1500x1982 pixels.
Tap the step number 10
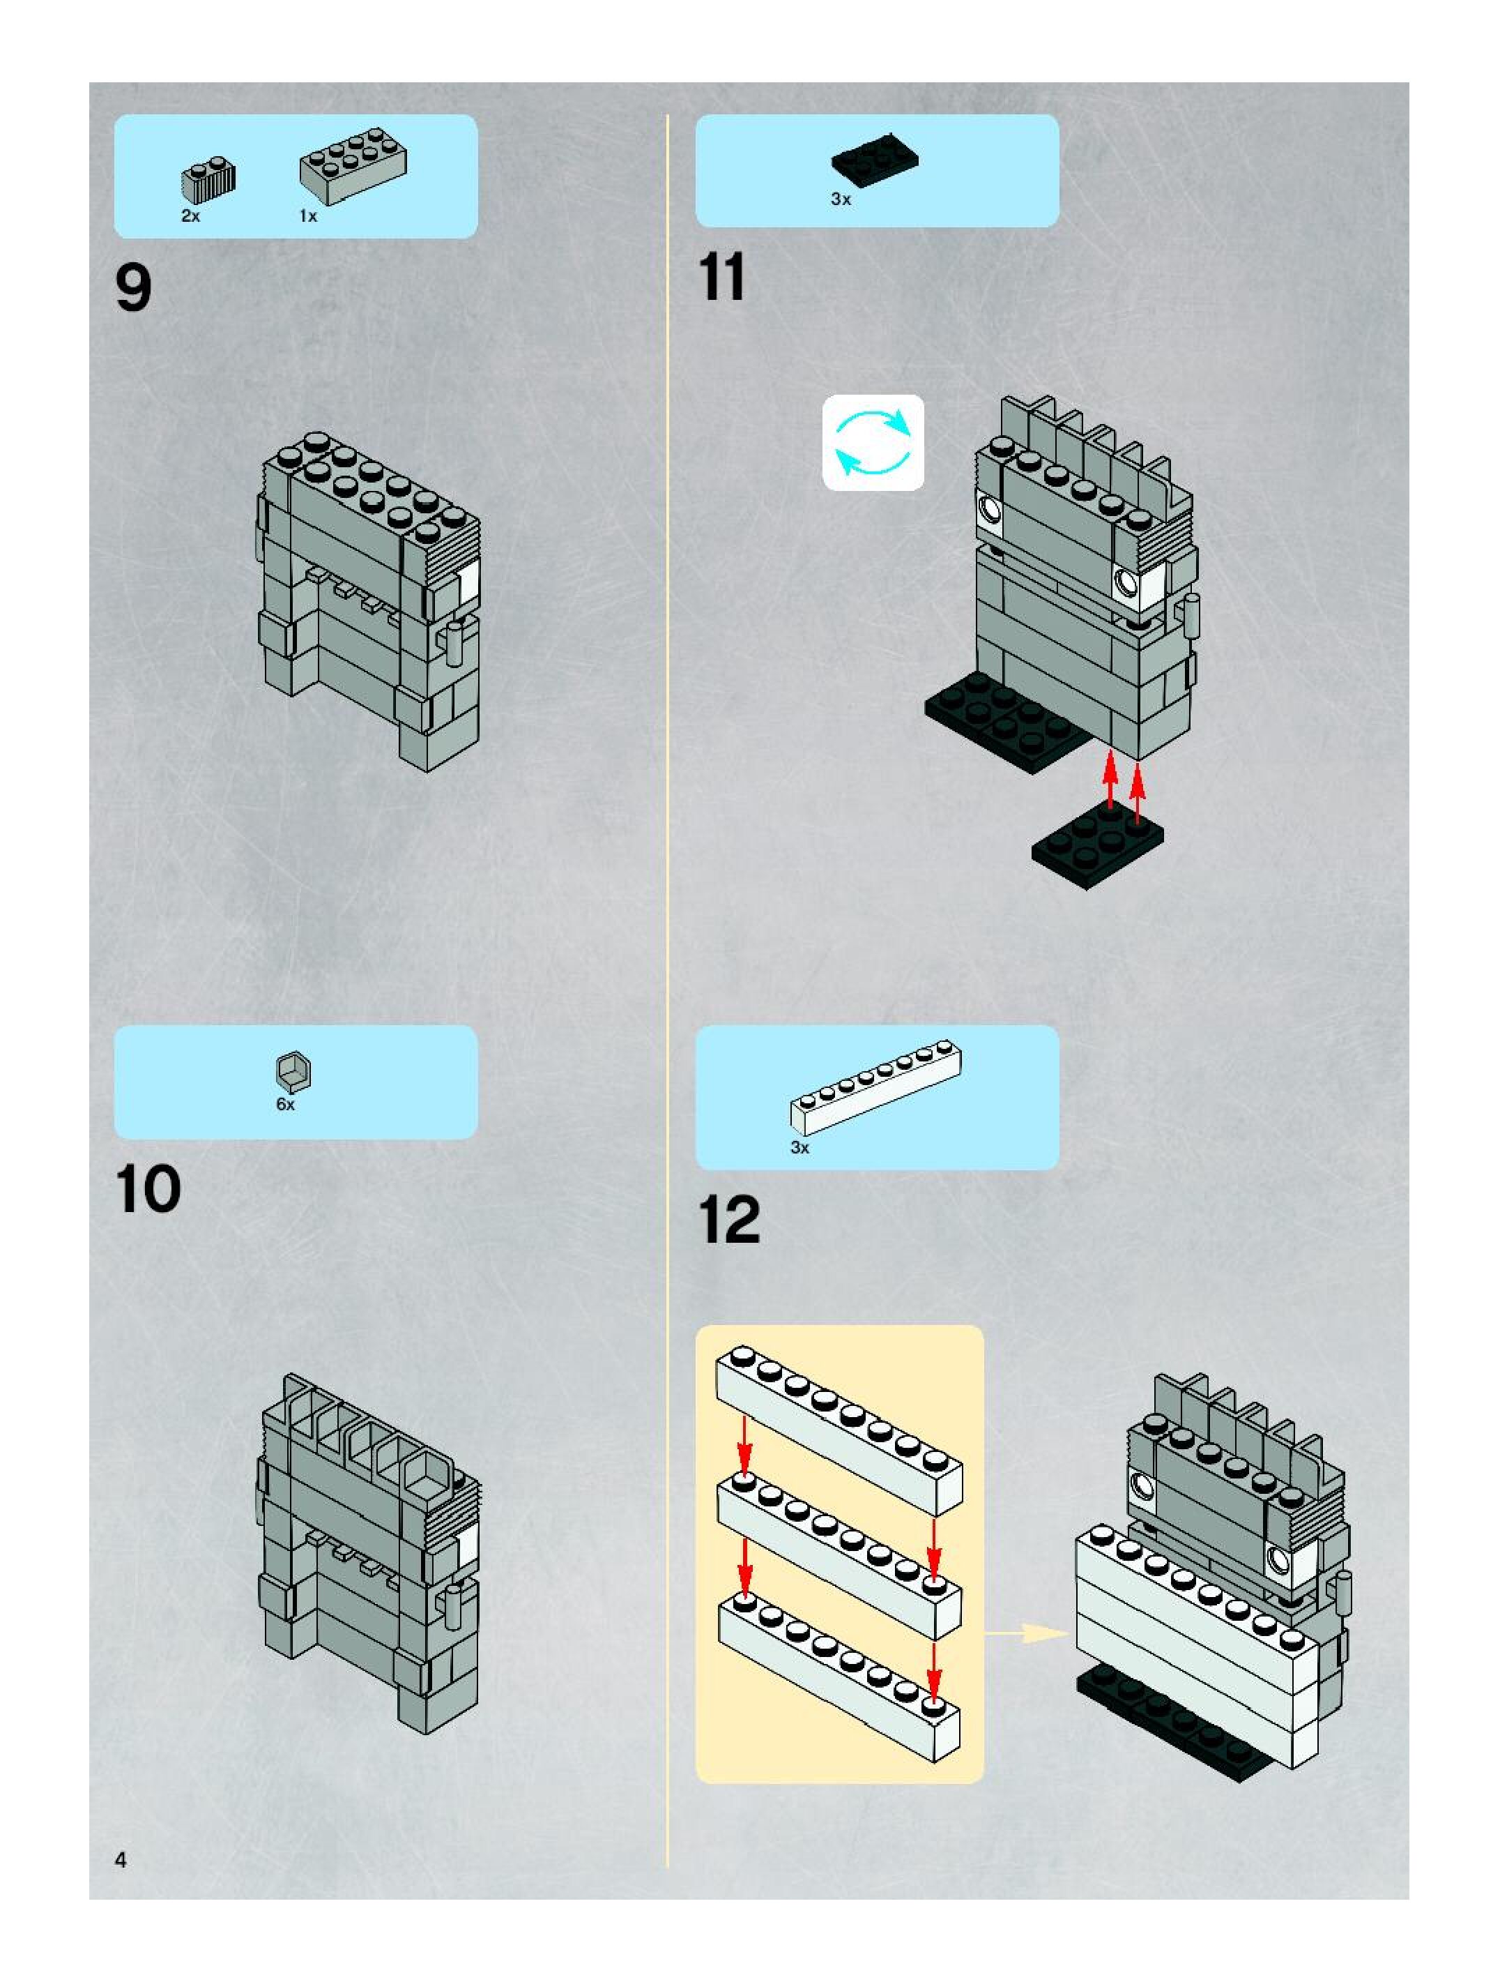coord(148,1190)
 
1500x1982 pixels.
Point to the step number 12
coord(729,1220)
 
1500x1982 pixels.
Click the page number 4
coord(121,1859)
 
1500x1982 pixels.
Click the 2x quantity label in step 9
coord(191,216)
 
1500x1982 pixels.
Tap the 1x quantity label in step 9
coord(308,216)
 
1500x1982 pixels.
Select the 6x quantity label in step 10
coord(286,1105)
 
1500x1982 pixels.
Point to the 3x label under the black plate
coord(841,199)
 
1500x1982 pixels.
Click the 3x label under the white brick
coord(799,1147)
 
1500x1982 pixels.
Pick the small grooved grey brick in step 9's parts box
coord(208,180)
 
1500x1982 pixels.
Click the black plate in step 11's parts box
coord(874,160)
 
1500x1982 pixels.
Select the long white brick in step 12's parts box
coord(876,1086)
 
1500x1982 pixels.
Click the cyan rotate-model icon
coord(873,443)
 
